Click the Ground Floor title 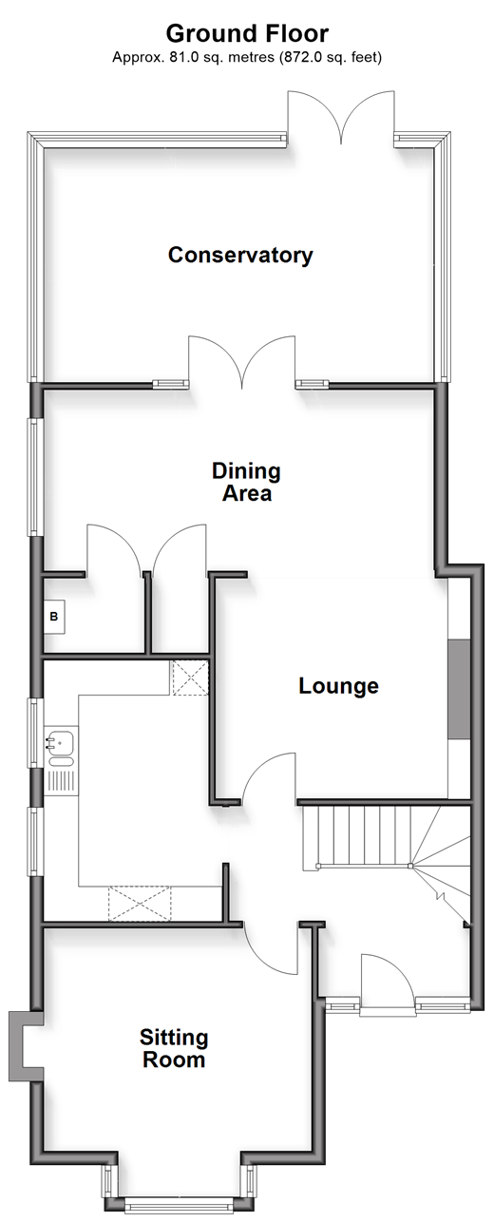[x=247, y=33]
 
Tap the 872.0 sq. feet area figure [x=330, y=57]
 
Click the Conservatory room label [x=240, y=255]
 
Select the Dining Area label [x=246, y=482]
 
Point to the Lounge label [x=338, y=686]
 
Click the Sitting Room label [x=174, y=1049]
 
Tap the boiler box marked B [x=54, y=617]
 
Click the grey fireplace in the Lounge [x=459, y=690]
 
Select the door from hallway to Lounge [x=269, y=777]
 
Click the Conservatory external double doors [x=341, y=117]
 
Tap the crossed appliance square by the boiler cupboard [x=190, y=678]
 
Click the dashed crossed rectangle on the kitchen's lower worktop [x=140, y=904]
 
